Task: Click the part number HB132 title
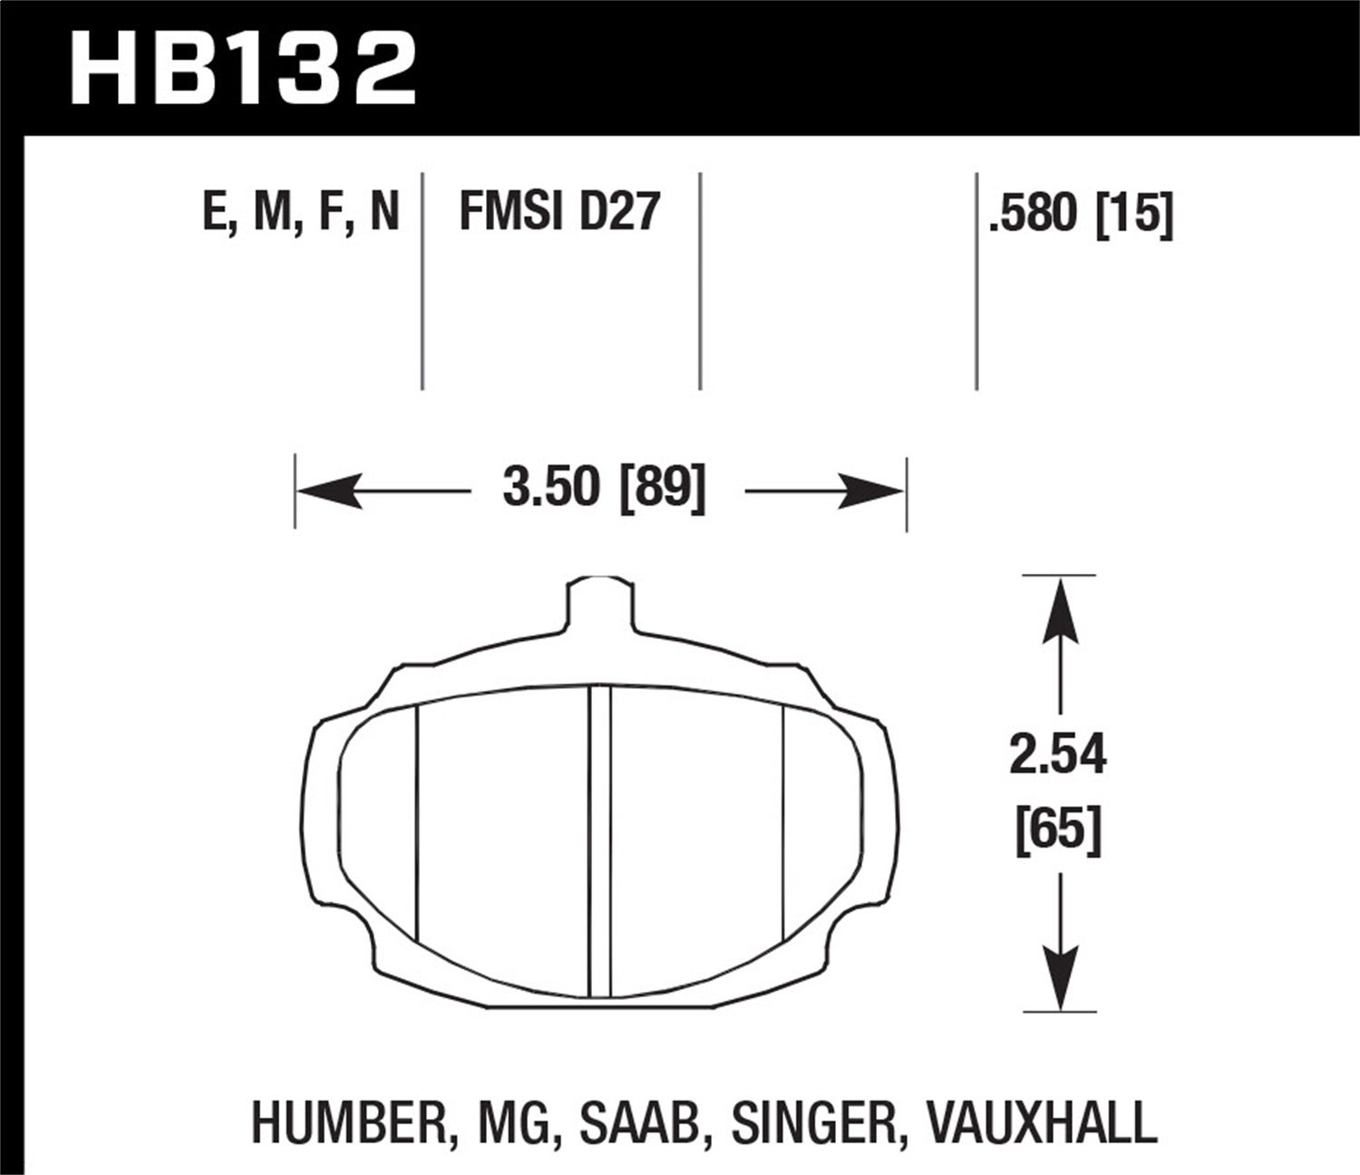pyautogui.click(x=243, y=68)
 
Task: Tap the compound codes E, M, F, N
pyautogui.click(x=300, y=213)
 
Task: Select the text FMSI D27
pyautogui.click(x=559, y=213)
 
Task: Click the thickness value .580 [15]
pyautogui.click(x=1082, y=215)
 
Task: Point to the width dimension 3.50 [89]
pyautogui.click(x=603, y=490)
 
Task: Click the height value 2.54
pyautogui.click(x=1058, y=755)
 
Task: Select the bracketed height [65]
pyautogui.click(x=1058, y=829)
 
